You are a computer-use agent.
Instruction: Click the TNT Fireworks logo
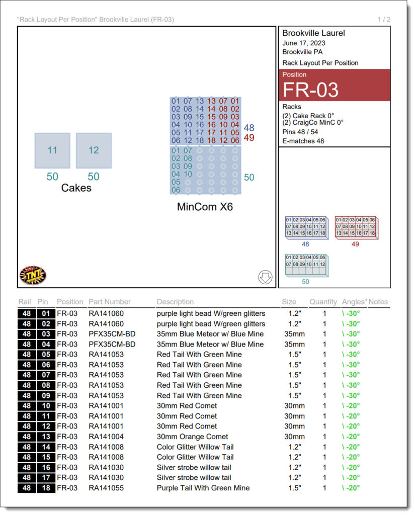pos(33,275)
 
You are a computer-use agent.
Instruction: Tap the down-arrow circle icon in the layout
pos(265,277)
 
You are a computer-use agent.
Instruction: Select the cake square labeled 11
pos(52,150)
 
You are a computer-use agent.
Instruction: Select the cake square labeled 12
pos(94,150)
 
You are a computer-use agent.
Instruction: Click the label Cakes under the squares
pos(76,188)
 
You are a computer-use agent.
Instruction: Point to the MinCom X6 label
pos(205,207)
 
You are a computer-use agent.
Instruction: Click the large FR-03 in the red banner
pos(310,90)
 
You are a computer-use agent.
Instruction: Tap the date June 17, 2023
pos(304,43)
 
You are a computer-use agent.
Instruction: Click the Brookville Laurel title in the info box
pos(313,33)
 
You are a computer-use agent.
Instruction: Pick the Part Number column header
pos(110,302)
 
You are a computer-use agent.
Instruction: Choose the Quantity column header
pos(323,302)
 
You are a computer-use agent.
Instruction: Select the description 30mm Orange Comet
pos(192,437)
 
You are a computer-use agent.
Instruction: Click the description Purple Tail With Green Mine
pos(203,488)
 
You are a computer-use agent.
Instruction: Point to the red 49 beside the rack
pos(249,137)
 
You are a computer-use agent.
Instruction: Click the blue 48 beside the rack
pos(249,128)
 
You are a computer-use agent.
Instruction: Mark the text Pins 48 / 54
pos(300,132)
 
